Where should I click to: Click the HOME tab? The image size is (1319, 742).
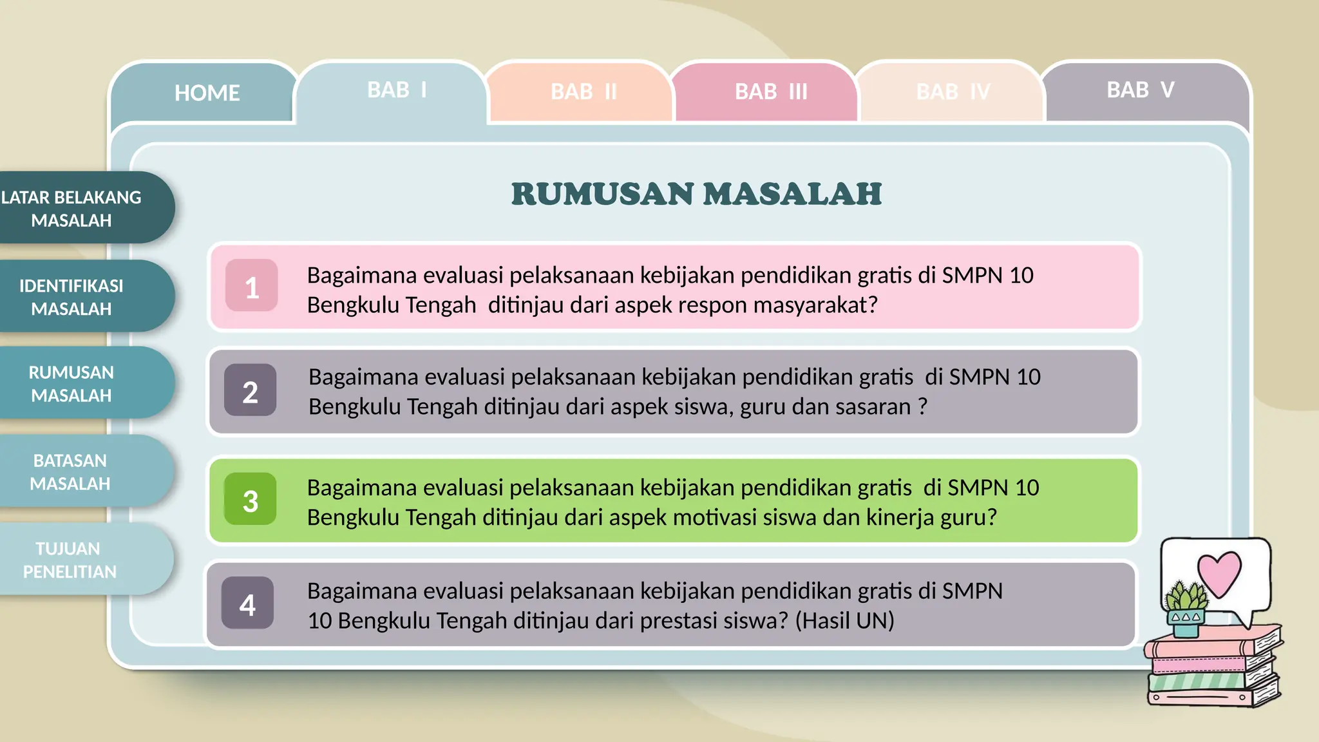point(206,93)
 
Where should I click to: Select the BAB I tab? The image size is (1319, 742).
point(397,90)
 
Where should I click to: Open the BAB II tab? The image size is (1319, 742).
point(584,92)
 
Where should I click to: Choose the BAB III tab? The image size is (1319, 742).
point(771,92)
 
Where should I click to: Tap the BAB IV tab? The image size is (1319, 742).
point(953,92)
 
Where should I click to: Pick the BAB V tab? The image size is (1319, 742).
point(1141,90)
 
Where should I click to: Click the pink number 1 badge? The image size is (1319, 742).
point(252,286)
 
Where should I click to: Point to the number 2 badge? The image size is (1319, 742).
point(251,391)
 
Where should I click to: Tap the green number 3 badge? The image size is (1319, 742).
point(251,500)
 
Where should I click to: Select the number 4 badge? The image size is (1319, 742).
point(248,604)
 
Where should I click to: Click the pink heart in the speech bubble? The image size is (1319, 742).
point(1219,573)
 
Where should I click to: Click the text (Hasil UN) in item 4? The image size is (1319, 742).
point(844,621)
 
